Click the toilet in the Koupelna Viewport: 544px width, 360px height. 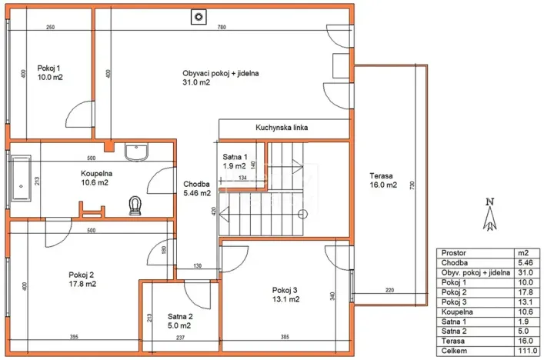[x=137, y=204]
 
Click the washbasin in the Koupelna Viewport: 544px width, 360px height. [x=137, y=152]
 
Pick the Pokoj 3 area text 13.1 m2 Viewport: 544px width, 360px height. [x=284, y=300]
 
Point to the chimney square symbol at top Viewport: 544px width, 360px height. [x=199, y=15]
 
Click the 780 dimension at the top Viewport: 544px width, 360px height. [x=222, y=28]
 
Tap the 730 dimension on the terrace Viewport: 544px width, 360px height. [x=412, y=185]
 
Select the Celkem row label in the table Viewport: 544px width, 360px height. [x=453, y=349]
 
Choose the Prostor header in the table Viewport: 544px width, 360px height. [x=454, y=252]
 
